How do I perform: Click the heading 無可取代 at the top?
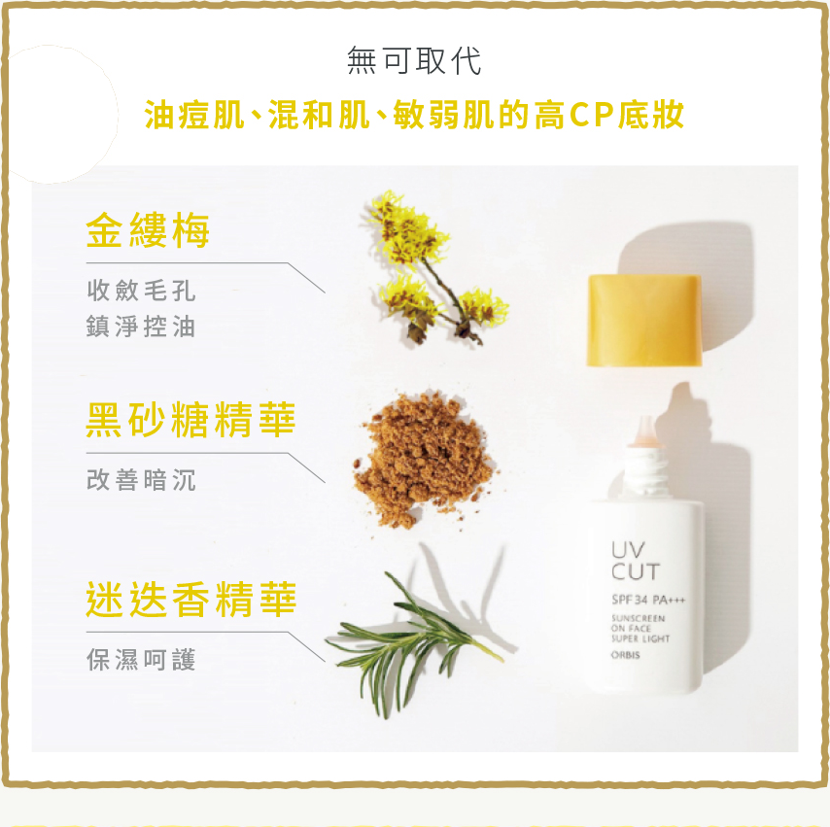coord(414,60)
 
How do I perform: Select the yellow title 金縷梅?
coord(148,230)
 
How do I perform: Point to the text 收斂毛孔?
coord(141,291)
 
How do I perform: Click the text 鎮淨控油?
coord(141,327)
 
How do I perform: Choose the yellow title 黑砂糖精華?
coord(190,420)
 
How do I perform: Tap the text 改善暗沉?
coord(141,480)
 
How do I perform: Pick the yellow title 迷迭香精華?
coord(191,600)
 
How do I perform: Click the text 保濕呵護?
coord(141,659)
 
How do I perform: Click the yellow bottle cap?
coord(644,321)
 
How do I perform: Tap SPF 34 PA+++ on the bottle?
coord(648,600)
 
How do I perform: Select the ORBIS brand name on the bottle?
coord(626,655)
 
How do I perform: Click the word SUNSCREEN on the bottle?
coord(638,618)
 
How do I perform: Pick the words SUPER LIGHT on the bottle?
coord(640,638)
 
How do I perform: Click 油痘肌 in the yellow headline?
coord(194,115)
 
